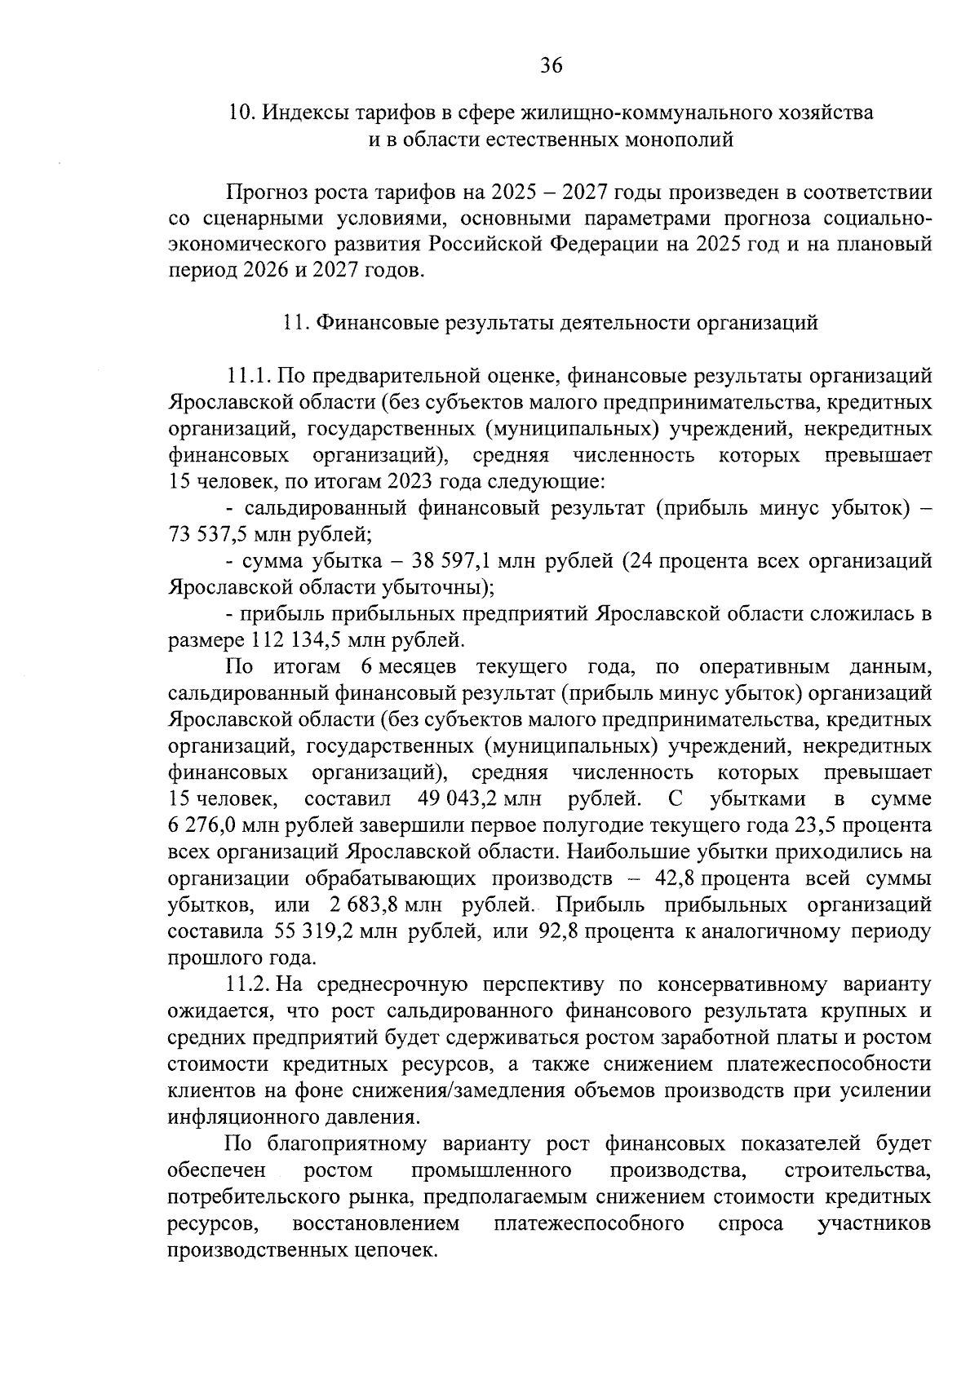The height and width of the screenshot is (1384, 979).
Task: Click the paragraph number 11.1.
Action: tap(249, 376)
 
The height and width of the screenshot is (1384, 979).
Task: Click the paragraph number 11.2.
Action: tap(249, 985)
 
